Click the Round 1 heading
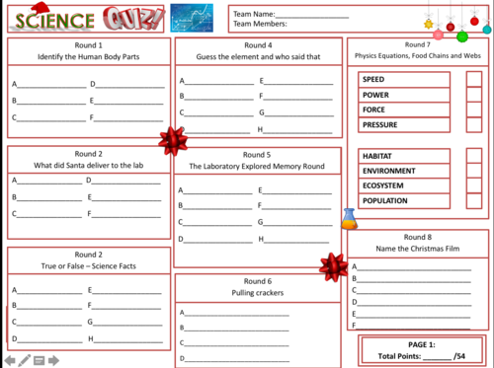tap(87, 45)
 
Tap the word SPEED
tap(374, 79)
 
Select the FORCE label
tap(374, 110)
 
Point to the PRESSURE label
tap(380, 125)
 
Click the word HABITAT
tap(378, 156)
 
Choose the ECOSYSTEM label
tap(383, 185)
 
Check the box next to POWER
tap(474, 95)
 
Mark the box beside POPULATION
tap(474, 200)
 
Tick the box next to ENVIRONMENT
tap(474, 171)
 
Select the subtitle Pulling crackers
tap(257, 294)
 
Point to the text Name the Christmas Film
tap(418, 251)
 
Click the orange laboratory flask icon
tap(348, 218)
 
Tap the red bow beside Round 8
tap(331, 264)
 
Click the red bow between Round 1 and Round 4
tap(172, 139)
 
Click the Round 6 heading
tap(257, 281)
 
